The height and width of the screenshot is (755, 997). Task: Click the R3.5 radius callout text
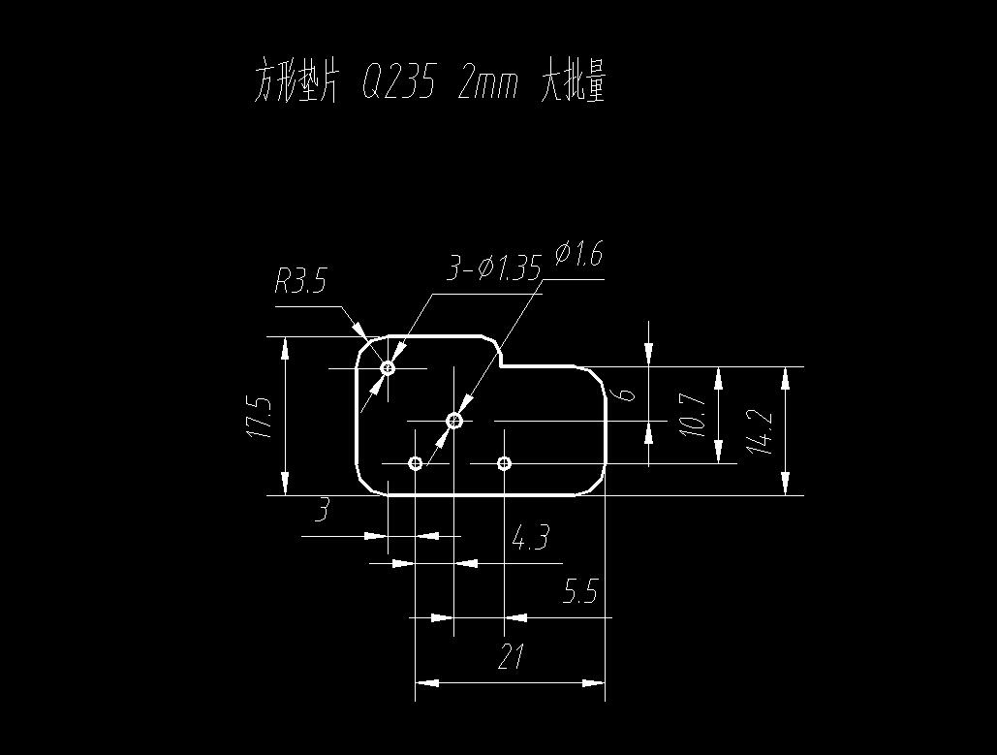pyautogui.click(x=300, y=282)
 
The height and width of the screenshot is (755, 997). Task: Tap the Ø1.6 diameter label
pyautogui.click(x=578, y=255)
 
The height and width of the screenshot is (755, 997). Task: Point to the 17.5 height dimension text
pyautogui.click(x=259, y=416)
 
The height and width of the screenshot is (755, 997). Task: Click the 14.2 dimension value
pyautogui.click(x=761, y=432)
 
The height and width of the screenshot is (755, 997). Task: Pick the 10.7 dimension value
pyautogui.click(x=692, y=415)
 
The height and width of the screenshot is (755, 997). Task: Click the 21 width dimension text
pyautogui.click(x=511, y=658)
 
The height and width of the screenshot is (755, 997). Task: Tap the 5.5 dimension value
pyautogui.click(x=580, y=591)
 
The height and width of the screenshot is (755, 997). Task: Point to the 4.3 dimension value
pyautogui.click(x=530, y=537)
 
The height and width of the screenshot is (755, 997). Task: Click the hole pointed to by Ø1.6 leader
pyautogui.click(x=454, y=421)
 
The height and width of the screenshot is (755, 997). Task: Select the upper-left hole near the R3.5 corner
pyautogui.click(x=389, y=368)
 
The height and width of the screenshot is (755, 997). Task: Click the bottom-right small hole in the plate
pyautogui.click(x=504, y=463)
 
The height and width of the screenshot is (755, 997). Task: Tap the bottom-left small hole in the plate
pyautogui.click(x=416, y=463)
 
